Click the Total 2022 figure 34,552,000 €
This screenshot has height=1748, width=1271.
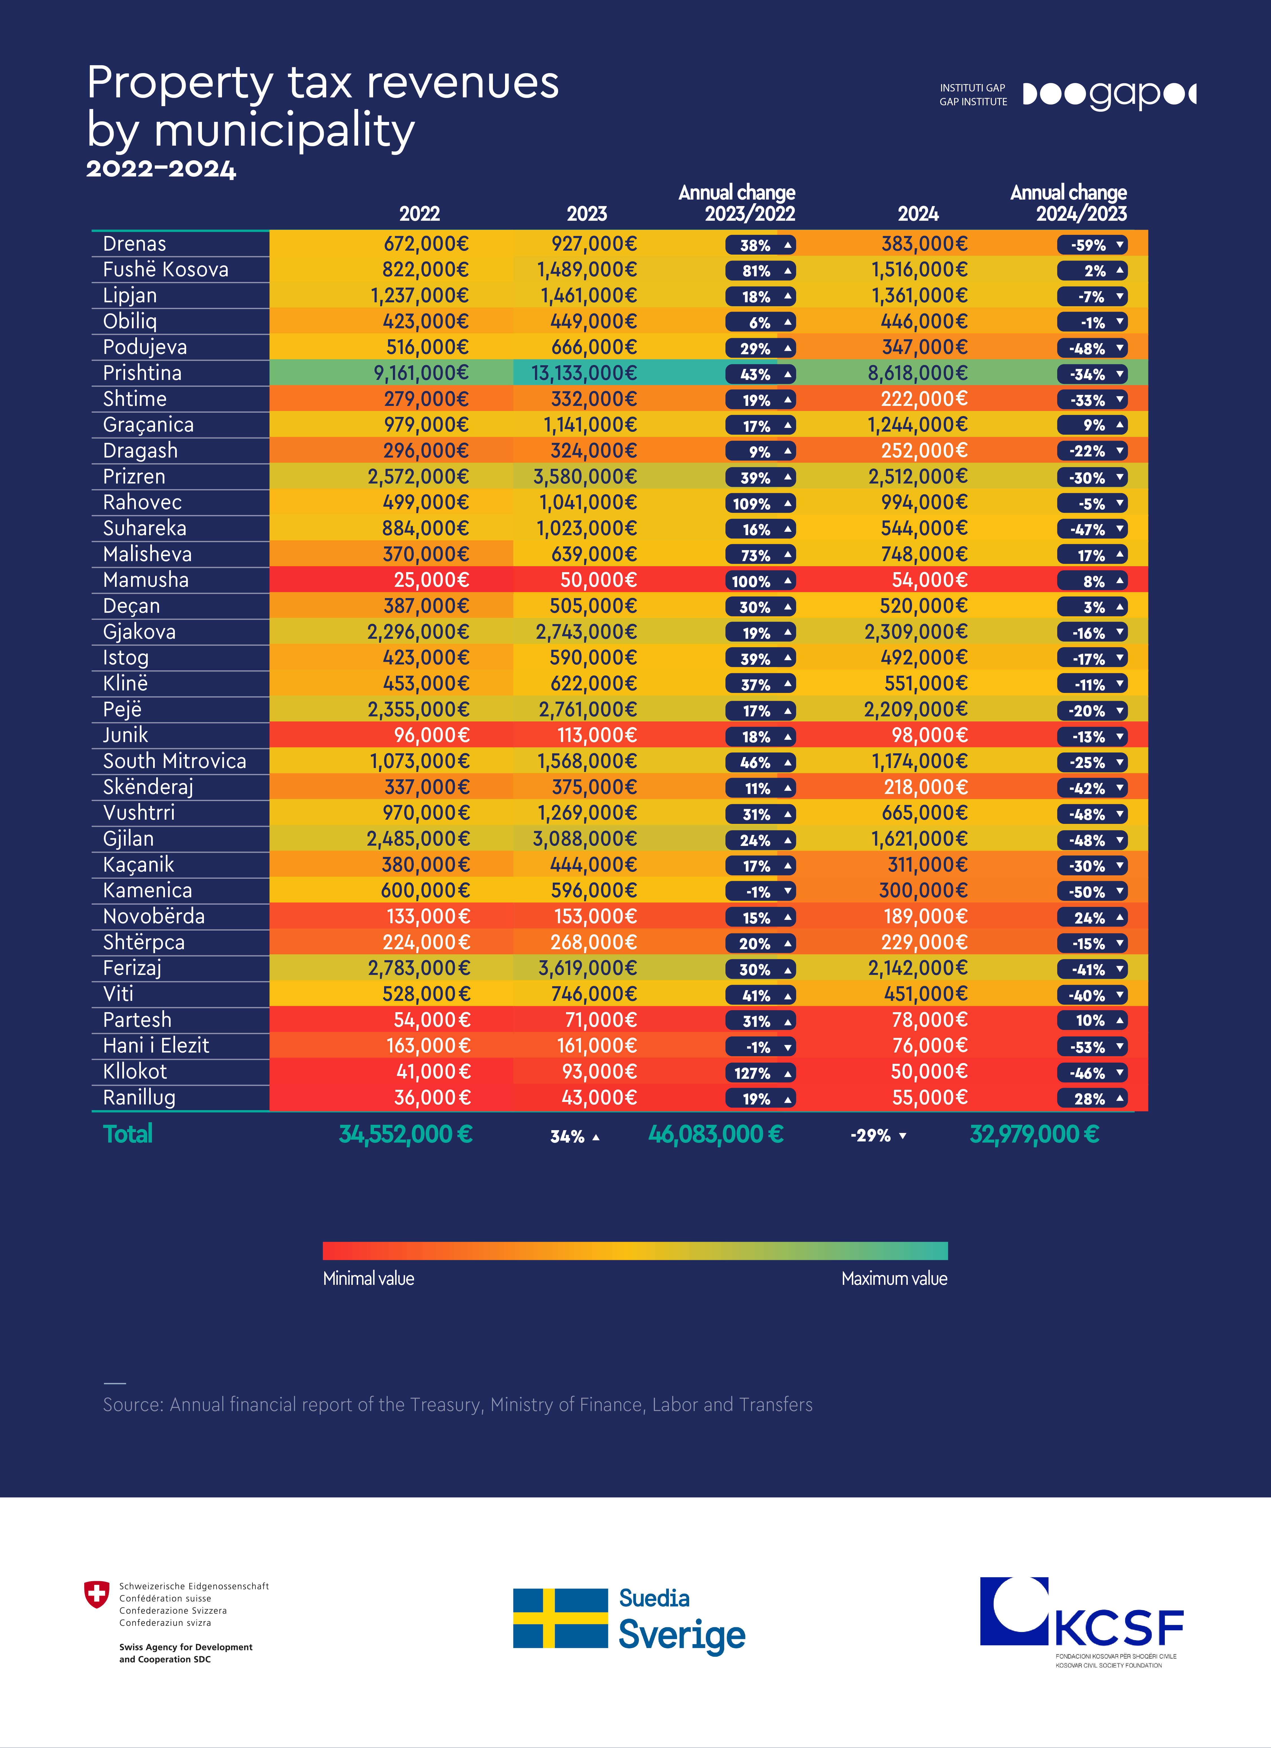(406, 1134)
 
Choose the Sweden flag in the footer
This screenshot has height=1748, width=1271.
(561, 1618)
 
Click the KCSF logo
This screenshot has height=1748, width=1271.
(1081, 1622)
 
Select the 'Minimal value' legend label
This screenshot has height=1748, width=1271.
(369, 1279)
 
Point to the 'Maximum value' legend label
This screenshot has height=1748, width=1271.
(895, 1279)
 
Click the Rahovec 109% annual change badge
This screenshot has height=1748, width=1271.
(760, 503)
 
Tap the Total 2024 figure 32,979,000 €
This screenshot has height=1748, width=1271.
(1034, 1134)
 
